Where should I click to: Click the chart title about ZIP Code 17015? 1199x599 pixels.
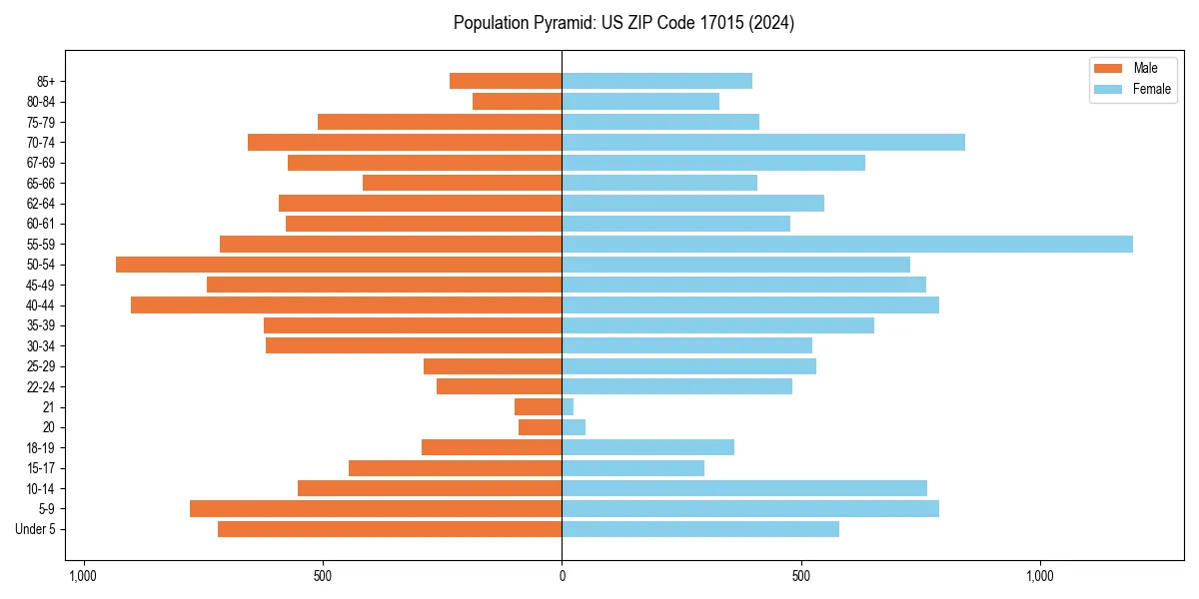(x=623, y=23)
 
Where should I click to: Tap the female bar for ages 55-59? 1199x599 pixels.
(x=847, y=244)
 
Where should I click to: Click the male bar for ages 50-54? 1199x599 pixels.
(x=339, y=265)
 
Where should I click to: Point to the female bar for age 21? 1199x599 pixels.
(x=568, y=406)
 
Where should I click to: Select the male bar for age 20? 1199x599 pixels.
(x=541, y=427)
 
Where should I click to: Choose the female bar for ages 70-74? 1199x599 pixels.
(x=763, y=142)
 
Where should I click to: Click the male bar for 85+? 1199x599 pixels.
(x=506, y=81)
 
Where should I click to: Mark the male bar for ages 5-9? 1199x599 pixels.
(x=376, y=508)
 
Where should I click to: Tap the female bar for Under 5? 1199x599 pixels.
(x=700, y=529)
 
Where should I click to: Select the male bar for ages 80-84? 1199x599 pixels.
(x=518, y=101)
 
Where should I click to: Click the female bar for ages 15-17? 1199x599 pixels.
(x=632, y=468)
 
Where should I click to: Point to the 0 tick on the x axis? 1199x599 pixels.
(x=562, y=576)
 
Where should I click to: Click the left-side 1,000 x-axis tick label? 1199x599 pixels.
(x=83, y=576)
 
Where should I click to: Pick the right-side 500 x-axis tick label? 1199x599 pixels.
(x=800, y=576)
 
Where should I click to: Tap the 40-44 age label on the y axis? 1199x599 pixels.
(x=40, y=305)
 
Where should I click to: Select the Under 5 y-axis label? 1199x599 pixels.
(x=36, y=529)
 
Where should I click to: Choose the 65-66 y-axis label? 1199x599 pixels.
(x=40, y=183)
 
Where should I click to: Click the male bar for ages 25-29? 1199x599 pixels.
(x=493, y=366)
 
